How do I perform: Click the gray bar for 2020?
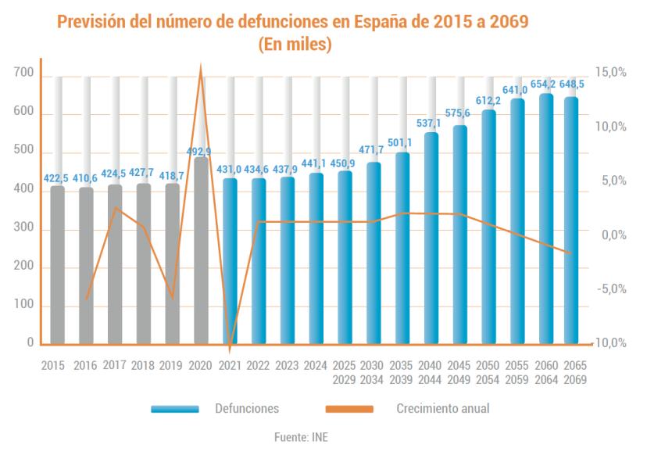(x=202, y=250)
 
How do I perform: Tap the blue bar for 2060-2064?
(x=546, y=219)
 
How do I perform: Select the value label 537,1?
(x=431, y=124)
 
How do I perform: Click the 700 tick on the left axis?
(x=23, y=73)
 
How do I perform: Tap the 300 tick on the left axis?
(x=23, y=228)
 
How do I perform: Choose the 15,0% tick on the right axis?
(x=610, y=72)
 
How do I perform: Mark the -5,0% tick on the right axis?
(x=610, y=289)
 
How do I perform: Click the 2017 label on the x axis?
(x=115, y=366)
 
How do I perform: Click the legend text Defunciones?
(x=247, y=408)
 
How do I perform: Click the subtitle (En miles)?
(x=295, y=46)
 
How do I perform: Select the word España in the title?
(x=366, y=21)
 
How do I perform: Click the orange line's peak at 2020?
(x=202, y=69)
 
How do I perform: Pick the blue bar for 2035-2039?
(x=402, y=248)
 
